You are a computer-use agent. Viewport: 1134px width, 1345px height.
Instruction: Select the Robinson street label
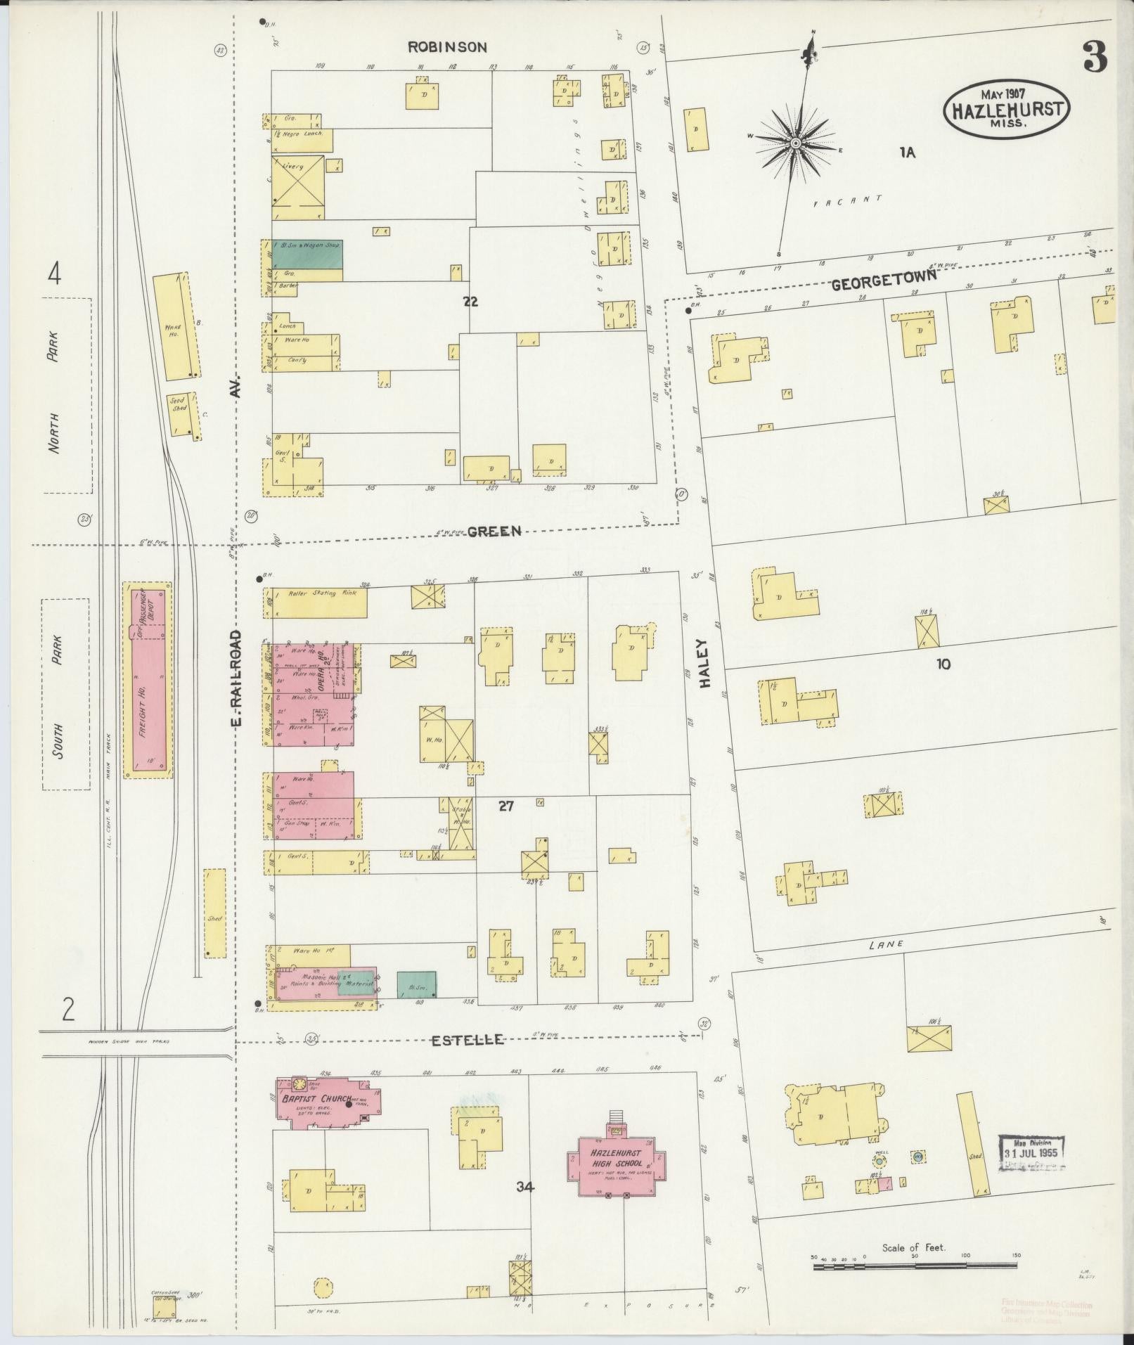pyautogui.click(x=448, y=47)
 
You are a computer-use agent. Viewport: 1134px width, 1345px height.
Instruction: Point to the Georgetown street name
pyautogui.click(x=884, y=280)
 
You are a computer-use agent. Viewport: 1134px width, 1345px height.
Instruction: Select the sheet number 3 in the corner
pyautogui.click(x=1094, y=56)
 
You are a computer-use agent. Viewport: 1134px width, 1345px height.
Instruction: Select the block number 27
pyautogui.click(x=506, y=806)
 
